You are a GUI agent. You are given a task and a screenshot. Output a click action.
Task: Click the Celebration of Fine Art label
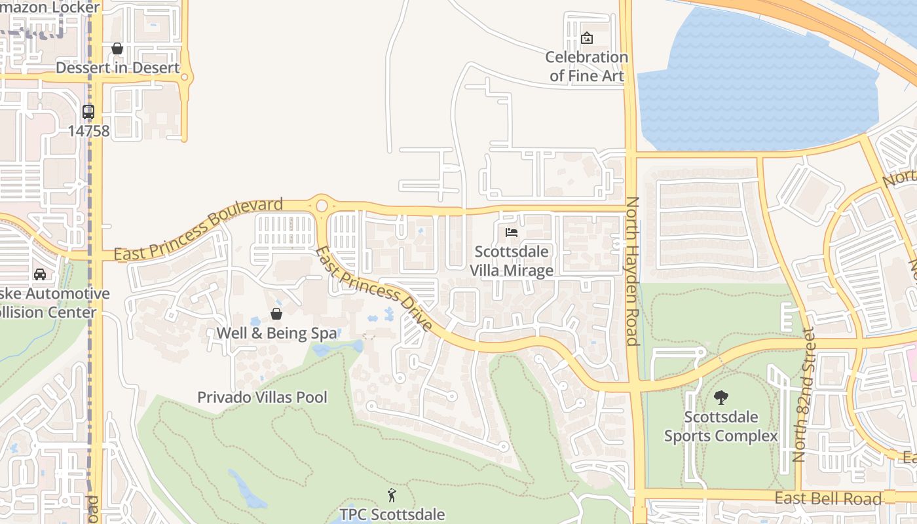click(586, 66)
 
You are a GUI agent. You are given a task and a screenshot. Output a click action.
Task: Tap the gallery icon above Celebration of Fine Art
click(587, 38)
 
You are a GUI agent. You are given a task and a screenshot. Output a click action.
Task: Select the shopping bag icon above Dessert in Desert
click(117, 48)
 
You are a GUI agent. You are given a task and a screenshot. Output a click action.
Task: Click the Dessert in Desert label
click(117, 67)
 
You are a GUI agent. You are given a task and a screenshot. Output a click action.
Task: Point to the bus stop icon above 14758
click(88, 111)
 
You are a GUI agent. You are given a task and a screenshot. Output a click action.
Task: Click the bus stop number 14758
click(88, 130)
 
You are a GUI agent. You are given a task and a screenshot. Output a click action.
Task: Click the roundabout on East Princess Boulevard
click(321, 206)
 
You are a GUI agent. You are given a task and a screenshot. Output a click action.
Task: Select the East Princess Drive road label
click(374, 289)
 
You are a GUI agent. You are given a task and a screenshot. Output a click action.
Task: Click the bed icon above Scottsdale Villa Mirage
click(512, 233)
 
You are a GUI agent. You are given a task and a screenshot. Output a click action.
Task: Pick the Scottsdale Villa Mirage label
click(512, 261)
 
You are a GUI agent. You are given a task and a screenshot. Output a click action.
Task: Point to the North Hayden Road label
click(632, 271)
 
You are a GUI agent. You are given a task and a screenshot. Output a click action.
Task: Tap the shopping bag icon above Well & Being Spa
click(276, 314)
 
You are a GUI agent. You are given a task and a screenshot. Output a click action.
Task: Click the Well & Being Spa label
click(276, 333)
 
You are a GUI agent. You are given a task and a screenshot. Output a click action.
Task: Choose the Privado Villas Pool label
click(262, 397)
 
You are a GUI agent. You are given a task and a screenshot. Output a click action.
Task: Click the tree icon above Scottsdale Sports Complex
click(721, 397)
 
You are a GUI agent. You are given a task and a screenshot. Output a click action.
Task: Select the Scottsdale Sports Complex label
click(721, 426)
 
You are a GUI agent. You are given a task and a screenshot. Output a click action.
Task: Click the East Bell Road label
click(828, 498)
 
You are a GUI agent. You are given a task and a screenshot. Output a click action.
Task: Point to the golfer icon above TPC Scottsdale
click(392, 495)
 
